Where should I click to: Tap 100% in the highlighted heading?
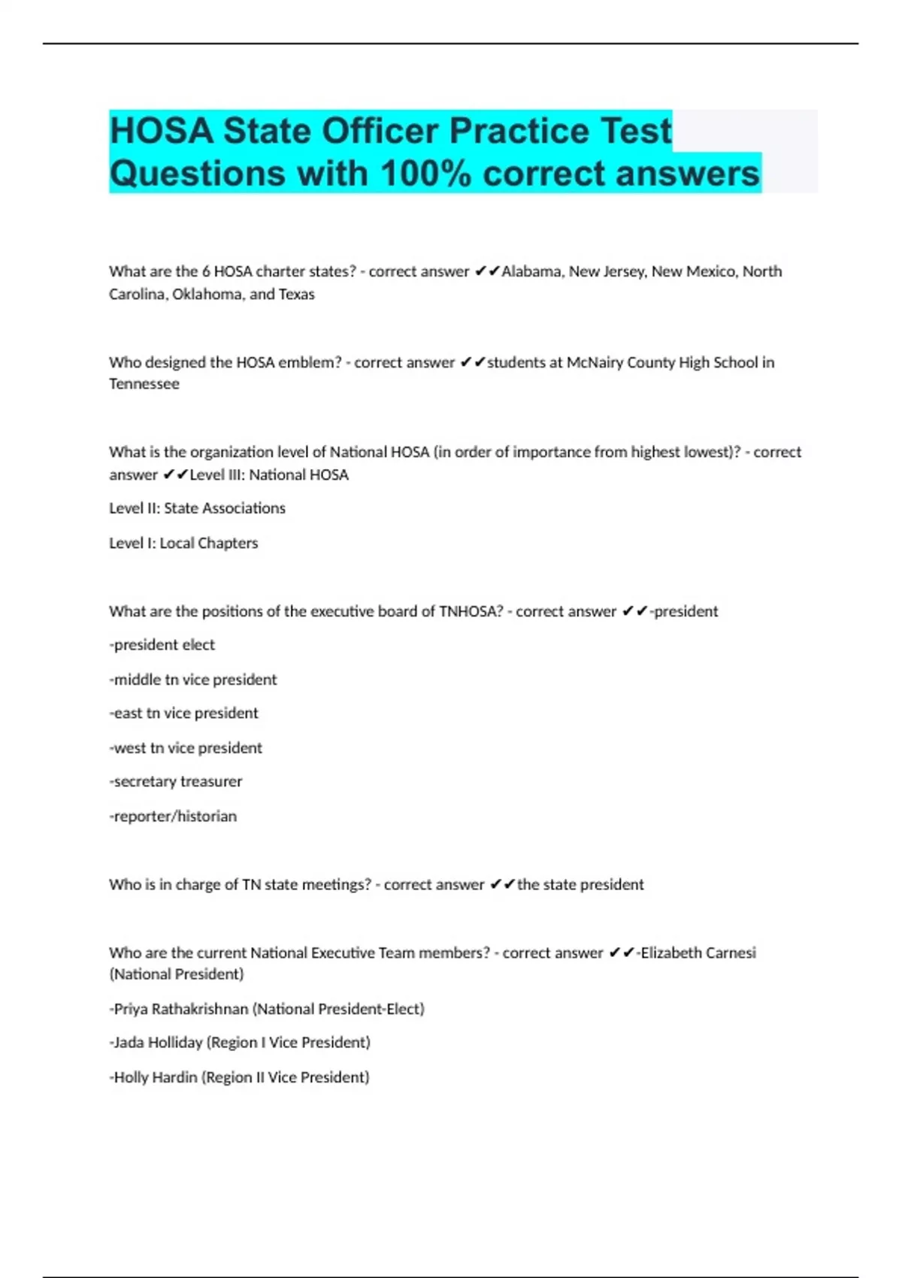[x=425, y=174]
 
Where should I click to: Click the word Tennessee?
[x=144, y=384]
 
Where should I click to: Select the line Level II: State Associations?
[x=197, y=508]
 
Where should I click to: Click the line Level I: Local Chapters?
[x=183, y=543]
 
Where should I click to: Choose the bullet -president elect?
[x=162, y=645]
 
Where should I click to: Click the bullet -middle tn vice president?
[x=193, y=680]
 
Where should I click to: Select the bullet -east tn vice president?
[x=183, y=713]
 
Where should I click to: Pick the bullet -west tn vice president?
[x=186, y=748]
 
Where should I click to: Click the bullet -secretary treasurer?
[x=176, y=782]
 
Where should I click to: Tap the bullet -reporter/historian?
[x=173, y=816]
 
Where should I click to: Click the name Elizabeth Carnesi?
[x=698, y=953]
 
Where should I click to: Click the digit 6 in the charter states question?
[x=206, y=271]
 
